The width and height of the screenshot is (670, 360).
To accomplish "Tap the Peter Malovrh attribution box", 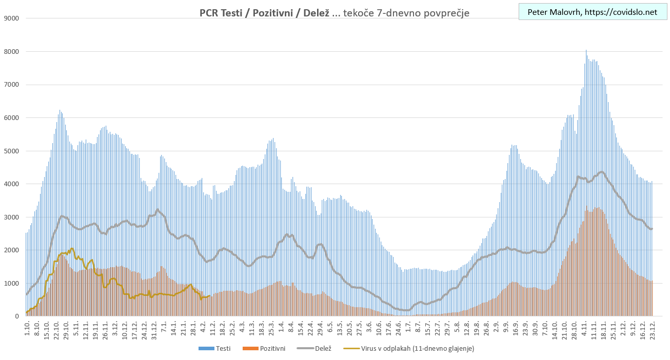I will tap(592, 12).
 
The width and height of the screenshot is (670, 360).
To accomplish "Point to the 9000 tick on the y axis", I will tap(11, 18).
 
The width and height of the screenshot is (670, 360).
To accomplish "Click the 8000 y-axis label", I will tap(11, 52).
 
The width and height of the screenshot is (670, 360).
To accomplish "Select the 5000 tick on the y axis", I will tap(11, 151).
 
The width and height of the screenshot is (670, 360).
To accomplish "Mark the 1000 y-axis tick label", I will tap(11, 284).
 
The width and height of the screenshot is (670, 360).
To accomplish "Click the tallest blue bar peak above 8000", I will tap(586, 51).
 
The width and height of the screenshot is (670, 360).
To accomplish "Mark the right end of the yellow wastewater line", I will tap(209, 295).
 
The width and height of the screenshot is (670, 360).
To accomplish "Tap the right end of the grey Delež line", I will tap(652, 229).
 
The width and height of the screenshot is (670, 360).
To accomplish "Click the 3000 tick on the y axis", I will tap(11, 217).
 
